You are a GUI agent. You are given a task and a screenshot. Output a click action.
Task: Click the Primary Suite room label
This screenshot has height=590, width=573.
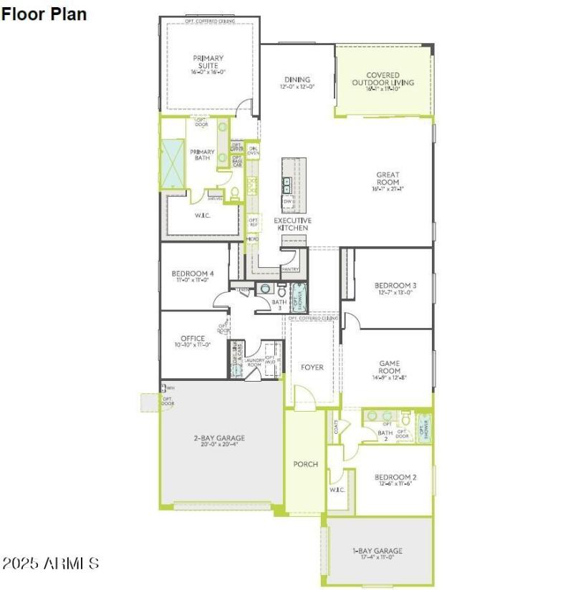[208, 62]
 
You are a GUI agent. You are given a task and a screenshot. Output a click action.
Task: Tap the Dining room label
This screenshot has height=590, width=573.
[297, 80]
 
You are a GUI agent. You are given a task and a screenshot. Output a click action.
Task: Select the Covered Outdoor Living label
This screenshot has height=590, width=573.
[382, 79]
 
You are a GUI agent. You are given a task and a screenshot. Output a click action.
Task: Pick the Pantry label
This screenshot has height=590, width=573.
[290, 269]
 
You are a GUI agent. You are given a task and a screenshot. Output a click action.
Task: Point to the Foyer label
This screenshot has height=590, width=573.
[312, 367]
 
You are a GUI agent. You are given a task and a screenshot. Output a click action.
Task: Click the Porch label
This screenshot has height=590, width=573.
[306, 464]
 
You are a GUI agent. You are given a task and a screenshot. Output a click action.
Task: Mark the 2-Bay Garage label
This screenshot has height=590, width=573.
[219, 438]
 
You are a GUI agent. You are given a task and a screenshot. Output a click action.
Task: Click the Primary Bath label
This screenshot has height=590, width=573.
[202, 155]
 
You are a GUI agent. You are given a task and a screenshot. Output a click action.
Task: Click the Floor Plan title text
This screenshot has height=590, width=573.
[44, 14]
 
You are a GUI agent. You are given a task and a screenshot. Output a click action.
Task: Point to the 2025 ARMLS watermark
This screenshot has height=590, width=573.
[50, 563]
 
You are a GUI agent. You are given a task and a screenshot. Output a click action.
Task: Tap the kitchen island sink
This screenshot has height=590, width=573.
[286, 185]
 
